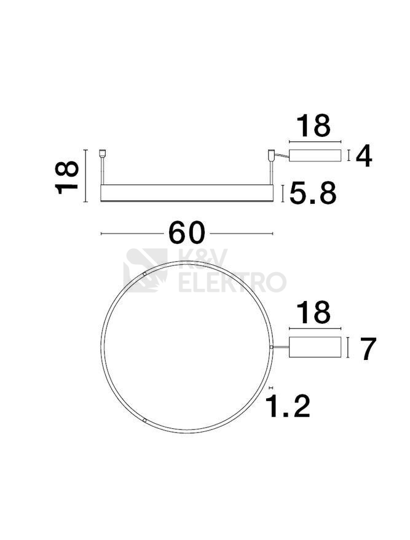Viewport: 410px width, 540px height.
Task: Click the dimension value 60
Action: [186, 233]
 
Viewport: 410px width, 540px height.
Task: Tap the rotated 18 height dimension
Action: [67, 177]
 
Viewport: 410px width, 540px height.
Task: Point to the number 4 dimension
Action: [364, 157]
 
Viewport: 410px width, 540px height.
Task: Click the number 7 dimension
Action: [368, 349]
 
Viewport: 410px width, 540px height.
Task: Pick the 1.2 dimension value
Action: [290, 406]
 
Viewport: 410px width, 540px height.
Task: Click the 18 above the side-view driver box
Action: [313, 126]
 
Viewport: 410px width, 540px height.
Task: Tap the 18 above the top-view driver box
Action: [313, 312]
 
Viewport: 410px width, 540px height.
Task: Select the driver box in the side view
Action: [315, 155]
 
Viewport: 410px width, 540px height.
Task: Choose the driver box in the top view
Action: [315, 347]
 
